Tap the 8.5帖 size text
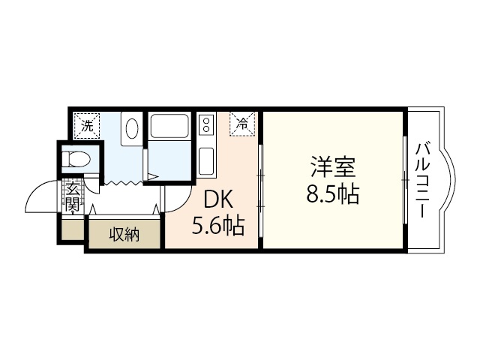coord(332,194)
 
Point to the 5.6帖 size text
coord(218,225)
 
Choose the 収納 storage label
coord(124,235)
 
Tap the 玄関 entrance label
coord(72,196)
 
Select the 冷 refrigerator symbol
coord(242,124)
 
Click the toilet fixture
coord(76,159)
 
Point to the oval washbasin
coord(132,127)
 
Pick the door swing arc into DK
coord(172,201)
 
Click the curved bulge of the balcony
coord(448,180)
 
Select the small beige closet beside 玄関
coord(73,229)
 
